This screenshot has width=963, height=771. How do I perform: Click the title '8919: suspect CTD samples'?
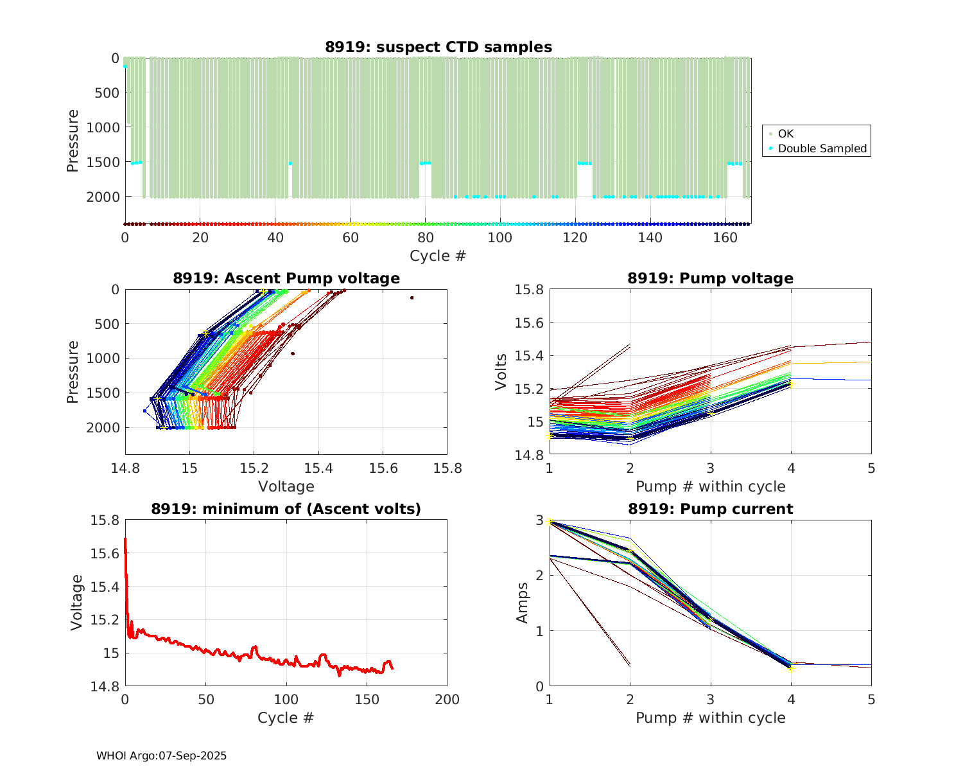click(438, 47)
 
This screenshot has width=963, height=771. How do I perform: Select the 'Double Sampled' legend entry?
click(822, 148)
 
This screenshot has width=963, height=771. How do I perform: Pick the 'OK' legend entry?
click(786, 134)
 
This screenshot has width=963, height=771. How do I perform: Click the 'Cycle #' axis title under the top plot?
click(438, 256)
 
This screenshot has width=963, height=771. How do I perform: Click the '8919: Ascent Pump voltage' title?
click(286, 278)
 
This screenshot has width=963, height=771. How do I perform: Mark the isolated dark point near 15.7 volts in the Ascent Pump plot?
click(412, 297)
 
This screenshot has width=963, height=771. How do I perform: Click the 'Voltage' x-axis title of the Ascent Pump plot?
click(286, 486)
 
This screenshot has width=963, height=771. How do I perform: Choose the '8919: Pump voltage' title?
click(710, 278)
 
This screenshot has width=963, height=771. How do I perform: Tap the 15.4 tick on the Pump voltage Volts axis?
click(529, 356)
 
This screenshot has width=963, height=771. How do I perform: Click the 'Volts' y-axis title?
click(501, 372)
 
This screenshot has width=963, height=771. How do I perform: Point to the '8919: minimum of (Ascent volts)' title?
click(286, 510)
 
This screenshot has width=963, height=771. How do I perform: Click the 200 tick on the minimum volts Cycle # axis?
click(447, 700)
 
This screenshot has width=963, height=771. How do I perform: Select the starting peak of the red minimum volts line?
click(125, 539)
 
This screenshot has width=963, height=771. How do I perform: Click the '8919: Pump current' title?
click(710, 510)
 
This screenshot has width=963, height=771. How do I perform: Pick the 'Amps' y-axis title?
click(523, 603)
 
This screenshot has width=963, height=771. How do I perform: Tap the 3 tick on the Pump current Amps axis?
click(540, 520)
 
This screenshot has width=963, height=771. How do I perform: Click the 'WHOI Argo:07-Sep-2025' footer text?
click(161, 756)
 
